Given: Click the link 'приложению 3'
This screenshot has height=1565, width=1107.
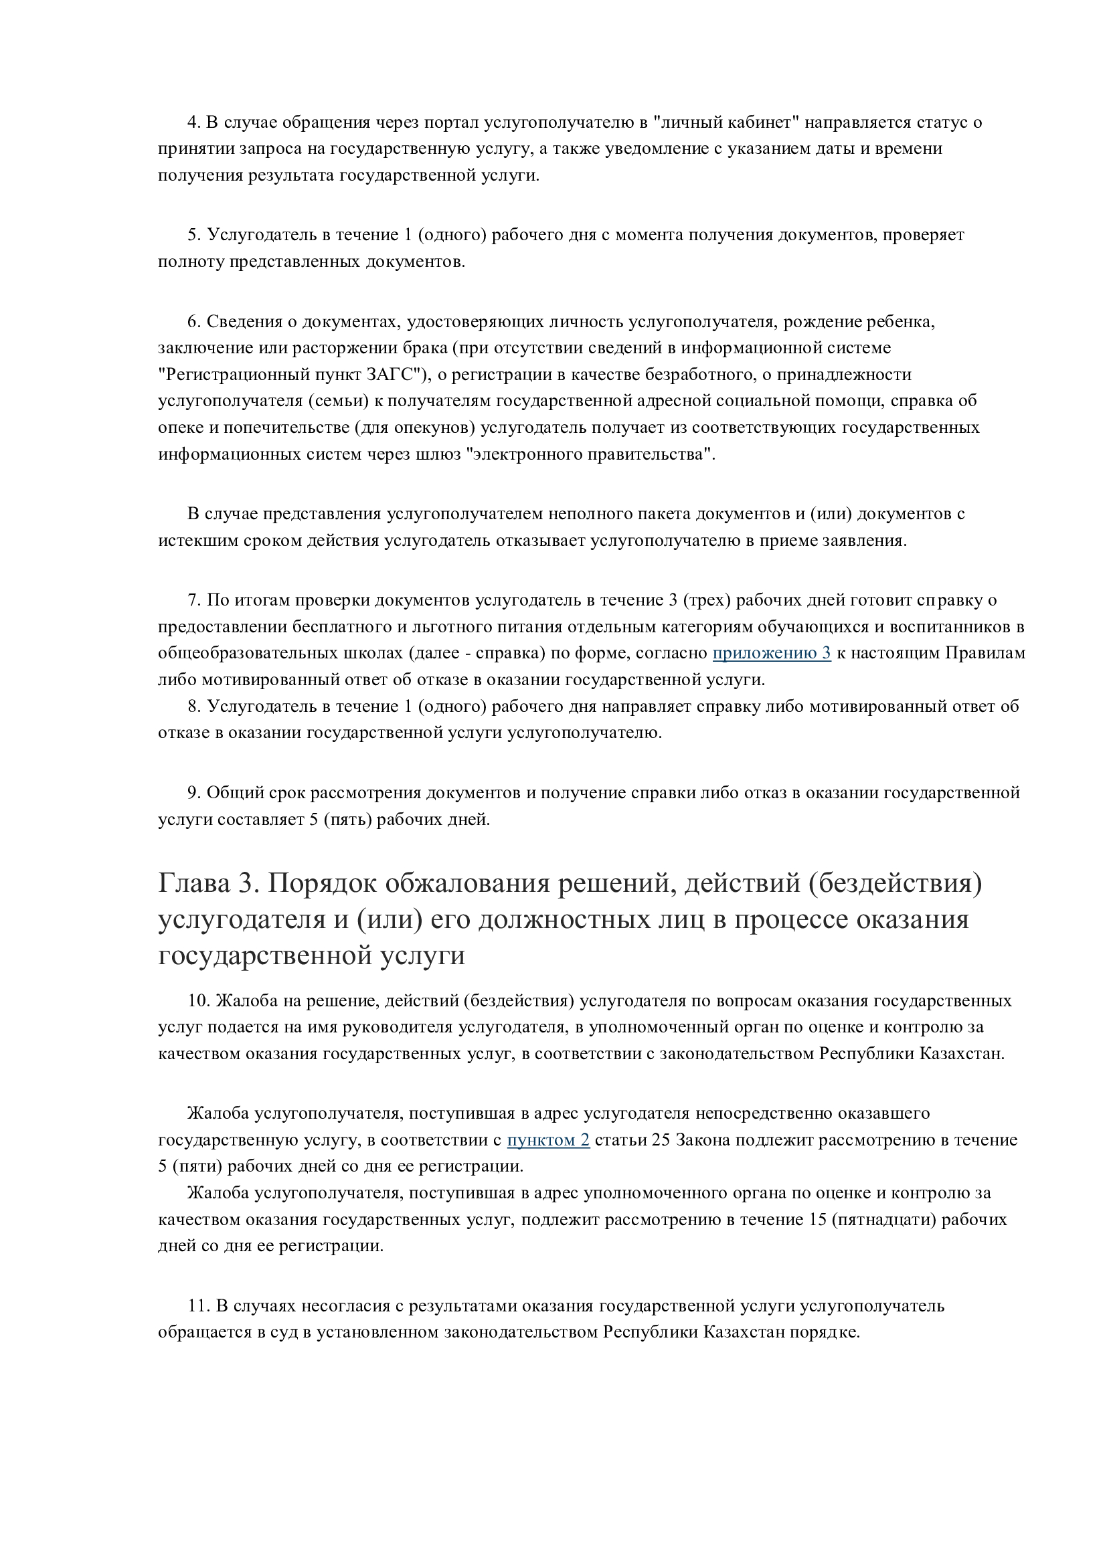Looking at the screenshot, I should pyautogui.click(x=771, y=653).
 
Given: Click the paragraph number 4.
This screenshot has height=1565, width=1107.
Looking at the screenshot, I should pyautogui.click(x=193, y=122).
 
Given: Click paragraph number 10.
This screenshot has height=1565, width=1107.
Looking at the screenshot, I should pyautogui.click(x=197, y=1000).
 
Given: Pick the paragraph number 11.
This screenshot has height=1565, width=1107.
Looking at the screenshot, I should pyautogui.click(x=197, y=1306).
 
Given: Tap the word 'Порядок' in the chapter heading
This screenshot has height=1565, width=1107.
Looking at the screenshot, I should pyautogui.click(x=322, y=884).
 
